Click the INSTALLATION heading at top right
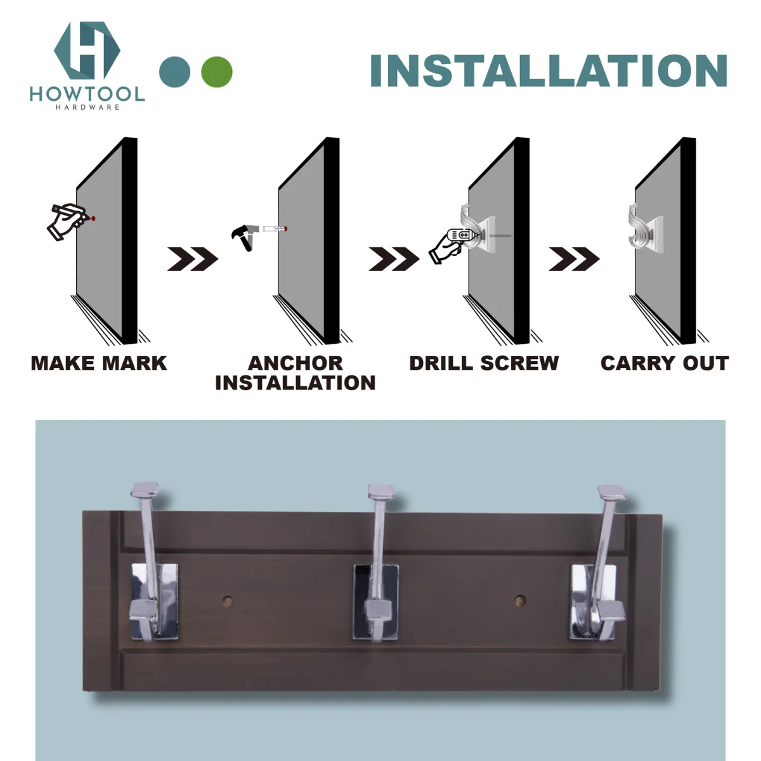click(548, 70)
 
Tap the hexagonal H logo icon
click(87, 50)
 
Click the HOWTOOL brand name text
click(87, 94)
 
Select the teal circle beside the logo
click(175, 72)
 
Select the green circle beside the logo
click(217, 72)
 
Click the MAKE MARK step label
click(99, 363)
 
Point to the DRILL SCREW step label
click(484, 363)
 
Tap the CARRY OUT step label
click(664, 363)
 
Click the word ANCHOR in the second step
click(295, 363)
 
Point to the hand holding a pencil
click(66, 222)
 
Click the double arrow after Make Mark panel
click(192, 259)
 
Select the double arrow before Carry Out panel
click(573, 259)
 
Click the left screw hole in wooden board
click(226, 599)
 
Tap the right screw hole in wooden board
click(520, 599)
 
